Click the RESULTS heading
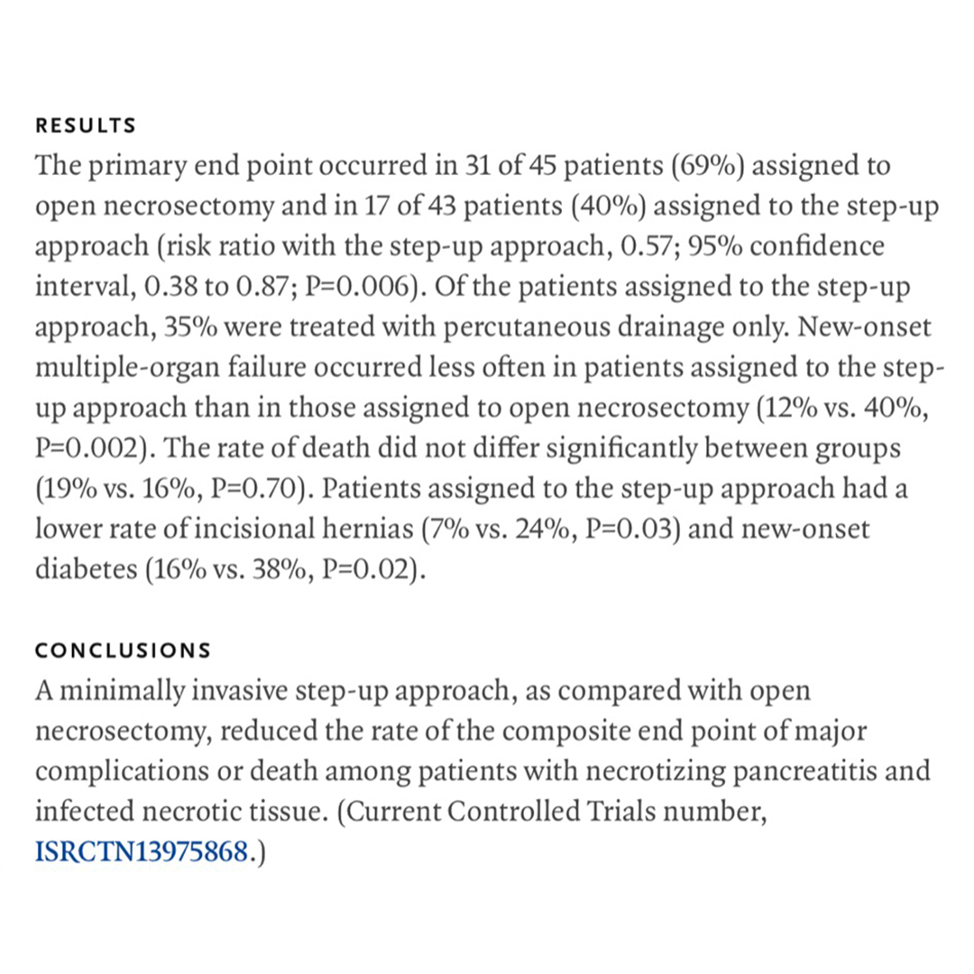pyautogui.click(x=86, y=126)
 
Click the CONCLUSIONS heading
pyautogui.click(x=123, y=650)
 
